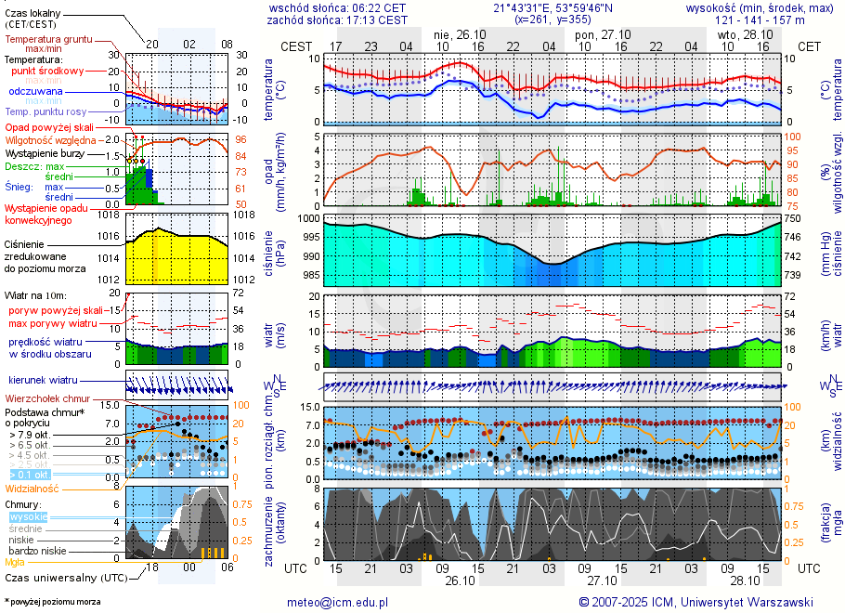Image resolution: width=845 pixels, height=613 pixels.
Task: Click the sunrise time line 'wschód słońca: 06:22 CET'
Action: [336, 7]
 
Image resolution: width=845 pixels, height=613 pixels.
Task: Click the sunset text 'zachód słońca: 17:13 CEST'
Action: [336, 19]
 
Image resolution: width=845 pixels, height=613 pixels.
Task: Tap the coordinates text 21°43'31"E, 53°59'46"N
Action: [552, 7]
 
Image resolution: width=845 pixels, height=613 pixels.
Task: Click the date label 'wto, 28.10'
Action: [746, 33]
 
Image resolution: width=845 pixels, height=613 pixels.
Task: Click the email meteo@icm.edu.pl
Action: [337, 602]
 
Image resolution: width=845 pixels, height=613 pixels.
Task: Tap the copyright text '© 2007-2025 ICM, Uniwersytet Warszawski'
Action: [695, 602]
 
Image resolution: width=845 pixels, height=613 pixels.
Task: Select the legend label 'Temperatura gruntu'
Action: [48, 40]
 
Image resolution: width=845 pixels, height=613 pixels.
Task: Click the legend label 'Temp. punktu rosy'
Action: [44, 111]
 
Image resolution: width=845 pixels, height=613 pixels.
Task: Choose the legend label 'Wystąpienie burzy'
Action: [46, 152]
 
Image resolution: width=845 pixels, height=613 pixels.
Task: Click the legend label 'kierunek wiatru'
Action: [43, 381]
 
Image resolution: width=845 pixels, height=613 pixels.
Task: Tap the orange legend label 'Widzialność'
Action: [32, 488]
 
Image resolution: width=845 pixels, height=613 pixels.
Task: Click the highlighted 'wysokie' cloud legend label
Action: [28, 516]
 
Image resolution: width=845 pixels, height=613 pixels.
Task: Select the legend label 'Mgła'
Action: [15, 562]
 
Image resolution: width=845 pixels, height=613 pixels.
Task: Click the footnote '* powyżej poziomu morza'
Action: [52, 602]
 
